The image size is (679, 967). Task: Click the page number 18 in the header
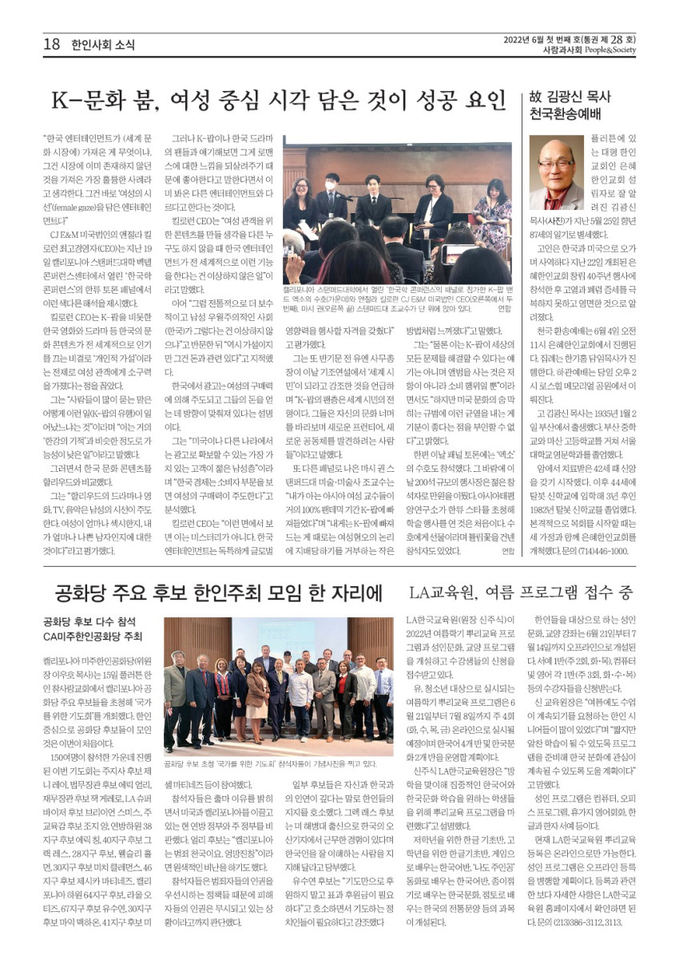coord(52,45)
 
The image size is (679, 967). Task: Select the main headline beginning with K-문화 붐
coord(278,101)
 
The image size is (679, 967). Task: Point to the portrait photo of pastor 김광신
coord(556,172)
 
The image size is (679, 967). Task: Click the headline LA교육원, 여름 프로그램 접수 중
coord(521,592)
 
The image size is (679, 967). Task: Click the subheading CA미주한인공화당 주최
coord(93,636)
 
